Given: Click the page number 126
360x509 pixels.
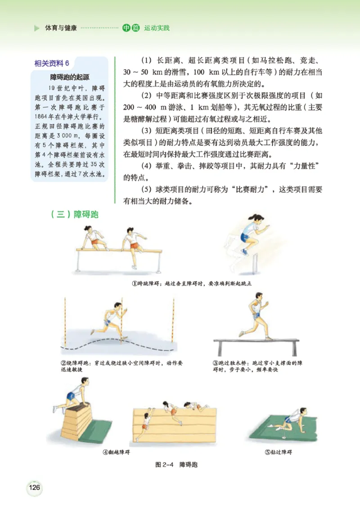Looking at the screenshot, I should (34, 487).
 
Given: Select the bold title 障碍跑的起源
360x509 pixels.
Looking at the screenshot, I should (69, 77).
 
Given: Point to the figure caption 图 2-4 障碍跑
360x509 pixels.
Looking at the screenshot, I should (176, 464).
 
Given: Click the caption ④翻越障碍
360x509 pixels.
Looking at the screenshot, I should (115, 452).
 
